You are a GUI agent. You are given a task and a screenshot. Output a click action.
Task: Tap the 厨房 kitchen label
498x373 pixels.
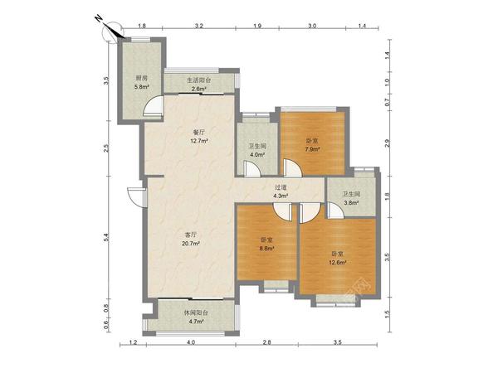tap(142, 78)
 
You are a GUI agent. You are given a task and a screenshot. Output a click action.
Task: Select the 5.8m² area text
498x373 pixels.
tap(142, 86)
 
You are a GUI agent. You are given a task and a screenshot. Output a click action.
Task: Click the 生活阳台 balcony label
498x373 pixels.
tap(199, 80)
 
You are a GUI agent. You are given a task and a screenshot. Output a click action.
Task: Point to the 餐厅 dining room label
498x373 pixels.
tap(199, 133)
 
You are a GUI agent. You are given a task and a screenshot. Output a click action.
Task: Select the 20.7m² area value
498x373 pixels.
tap(191, 244)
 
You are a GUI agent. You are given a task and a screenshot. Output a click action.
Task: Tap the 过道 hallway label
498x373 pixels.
tap(281, 187)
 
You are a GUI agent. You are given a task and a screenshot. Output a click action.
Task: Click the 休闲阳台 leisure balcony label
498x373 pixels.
tap(196, 312)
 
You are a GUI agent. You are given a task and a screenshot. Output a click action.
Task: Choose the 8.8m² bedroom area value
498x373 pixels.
tap(266, 249)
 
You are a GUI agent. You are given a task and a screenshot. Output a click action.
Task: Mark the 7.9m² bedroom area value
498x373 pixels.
tap(312, 149)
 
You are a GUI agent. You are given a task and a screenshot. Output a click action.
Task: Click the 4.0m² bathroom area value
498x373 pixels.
tap(257, 155)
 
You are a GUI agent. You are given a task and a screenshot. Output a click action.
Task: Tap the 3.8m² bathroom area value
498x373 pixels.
tap(351, 203)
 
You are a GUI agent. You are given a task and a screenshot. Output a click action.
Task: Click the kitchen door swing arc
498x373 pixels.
tap(153, 105)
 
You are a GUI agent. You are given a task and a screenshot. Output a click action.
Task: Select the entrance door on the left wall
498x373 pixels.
tap(137, 197)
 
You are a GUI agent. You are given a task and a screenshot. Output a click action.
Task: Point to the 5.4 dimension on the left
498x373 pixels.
tap(106, 238)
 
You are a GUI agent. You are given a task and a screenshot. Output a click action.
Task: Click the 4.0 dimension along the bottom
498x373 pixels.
tap(191, 342)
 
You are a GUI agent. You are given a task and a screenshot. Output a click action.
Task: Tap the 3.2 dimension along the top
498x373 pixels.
tap(199, 26)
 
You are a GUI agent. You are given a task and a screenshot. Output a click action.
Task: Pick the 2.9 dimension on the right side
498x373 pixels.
tap(387, 143)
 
